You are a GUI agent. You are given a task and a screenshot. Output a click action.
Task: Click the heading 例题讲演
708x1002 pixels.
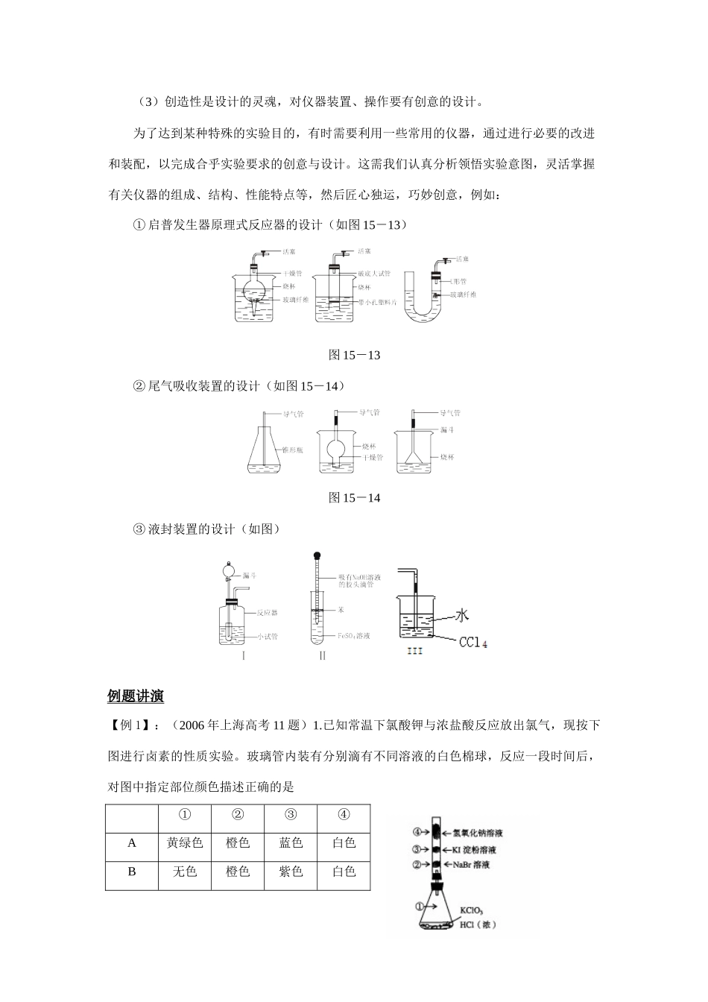(136, 696)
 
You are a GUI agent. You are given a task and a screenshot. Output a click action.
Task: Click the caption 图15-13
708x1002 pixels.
(354, 355)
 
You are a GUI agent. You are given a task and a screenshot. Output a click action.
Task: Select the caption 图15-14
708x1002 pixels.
(354, 497)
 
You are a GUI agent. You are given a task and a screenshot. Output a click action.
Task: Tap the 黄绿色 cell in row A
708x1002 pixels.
(185, 843)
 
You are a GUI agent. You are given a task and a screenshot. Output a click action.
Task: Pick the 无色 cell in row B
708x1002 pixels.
(185, 871)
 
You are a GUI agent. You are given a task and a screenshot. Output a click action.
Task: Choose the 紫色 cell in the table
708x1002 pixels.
(291, 871)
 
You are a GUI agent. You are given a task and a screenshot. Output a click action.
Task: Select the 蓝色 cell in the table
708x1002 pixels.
(291, 843)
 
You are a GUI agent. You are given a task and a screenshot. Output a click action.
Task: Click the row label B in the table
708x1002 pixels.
(132, 871)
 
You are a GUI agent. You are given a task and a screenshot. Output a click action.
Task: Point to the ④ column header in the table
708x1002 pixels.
(343, 815)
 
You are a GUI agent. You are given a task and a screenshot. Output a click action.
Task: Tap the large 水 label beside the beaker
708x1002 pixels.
(462, 615)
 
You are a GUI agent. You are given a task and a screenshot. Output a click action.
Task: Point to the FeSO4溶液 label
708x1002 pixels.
(354, 636)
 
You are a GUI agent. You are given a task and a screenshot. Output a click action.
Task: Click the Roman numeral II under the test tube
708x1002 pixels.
(322, 655)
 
